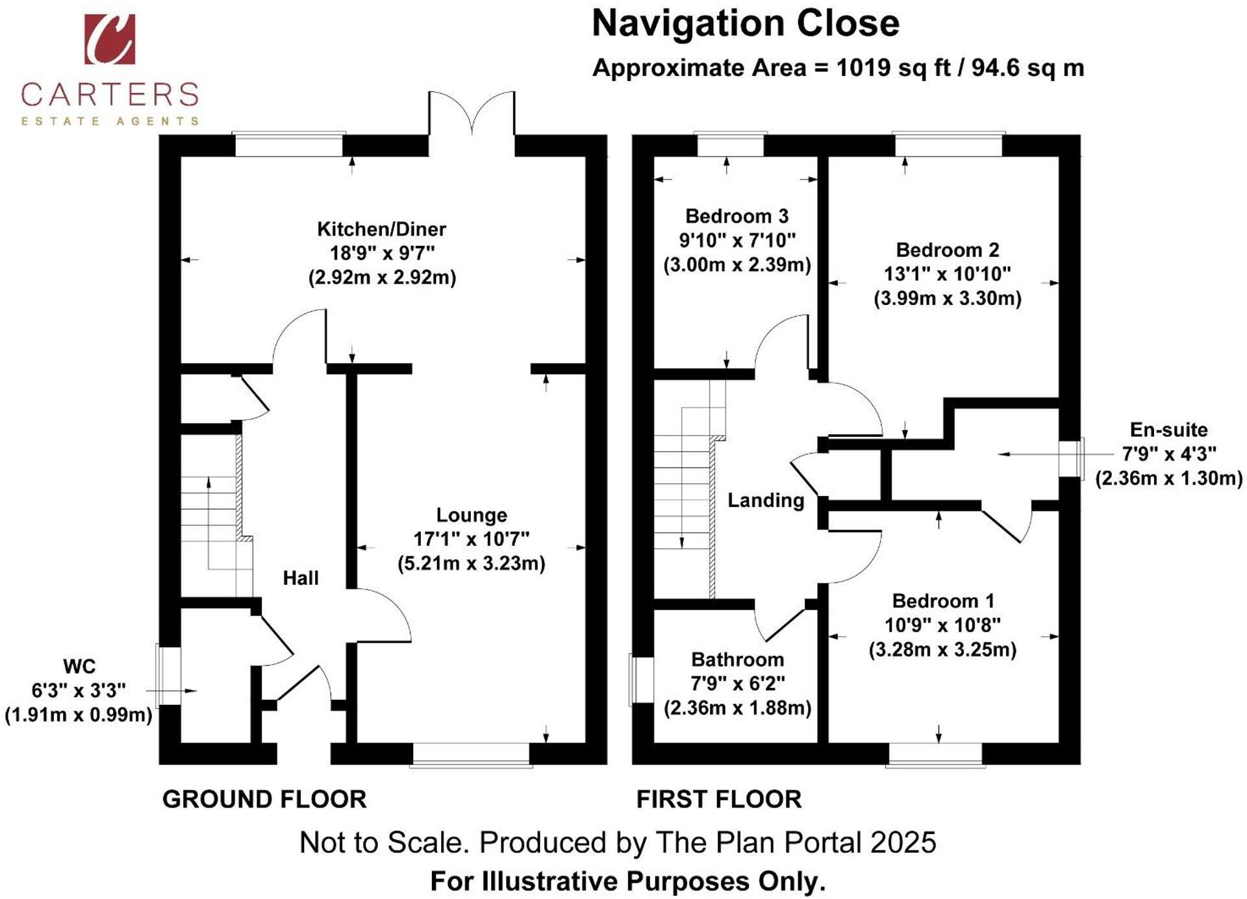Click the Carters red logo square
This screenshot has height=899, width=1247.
(110, 39)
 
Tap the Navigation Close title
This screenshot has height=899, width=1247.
(746, 24)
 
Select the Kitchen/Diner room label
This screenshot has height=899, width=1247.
(381, 229)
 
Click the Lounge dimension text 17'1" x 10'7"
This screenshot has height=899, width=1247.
(472, 539)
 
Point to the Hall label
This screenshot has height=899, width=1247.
(301, 578)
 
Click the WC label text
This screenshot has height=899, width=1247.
(79, 666)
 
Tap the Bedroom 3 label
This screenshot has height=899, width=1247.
(737, 216)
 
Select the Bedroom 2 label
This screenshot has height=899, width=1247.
(948, 250)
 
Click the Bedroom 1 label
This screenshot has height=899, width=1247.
(943, 601)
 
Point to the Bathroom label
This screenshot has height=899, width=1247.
(737, 659)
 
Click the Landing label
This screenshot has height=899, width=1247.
(766, 500)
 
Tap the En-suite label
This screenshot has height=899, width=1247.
(1168, 430)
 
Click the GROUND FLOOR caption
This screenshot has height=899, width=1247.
(264, 799)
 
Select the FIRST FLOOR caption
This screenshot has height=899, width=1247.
(719, 799)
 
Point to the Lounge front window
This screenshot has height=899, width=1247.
(472, 755)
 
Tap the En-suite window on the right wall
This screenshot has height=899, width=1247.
(1072, 458)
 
